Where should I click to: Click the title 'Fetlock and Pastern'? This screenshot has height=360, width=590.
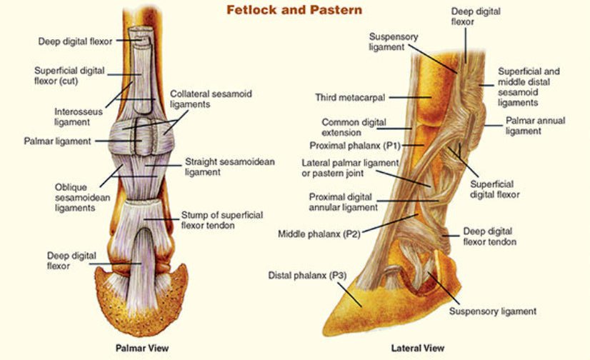(x=294, y=10)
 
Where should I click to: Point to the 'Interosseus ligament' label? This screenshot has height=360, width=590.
(x=79, y=117)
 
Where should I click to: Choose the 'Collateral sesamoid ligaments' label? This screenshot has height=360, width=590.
(x=211, y=99)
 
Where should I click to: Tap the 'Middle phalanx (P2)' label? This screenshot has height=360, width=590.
(x=320, y=234)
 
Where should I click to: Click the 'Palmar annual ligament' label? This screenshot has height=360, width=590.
(x=535, y=126)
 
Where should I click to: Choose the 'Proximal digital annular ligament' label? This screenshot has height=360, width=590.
(x=343, y=202)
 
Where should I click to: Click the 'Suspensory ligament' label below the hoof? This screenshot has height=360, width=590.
(x=492, y=311)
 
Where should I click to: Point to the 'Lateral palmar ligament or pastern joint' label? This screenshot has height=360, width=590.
(x=349, y=168)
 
